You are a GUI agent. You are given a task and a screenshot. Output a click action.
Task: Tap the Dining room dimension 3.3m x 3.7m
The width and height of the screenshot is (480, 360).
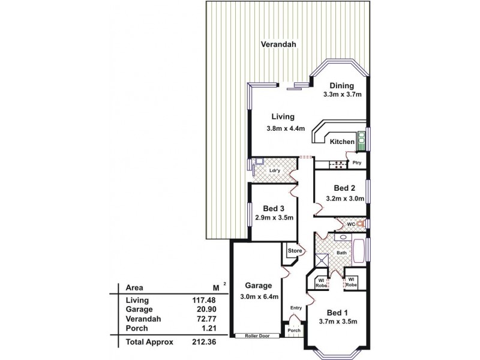coord(342,95)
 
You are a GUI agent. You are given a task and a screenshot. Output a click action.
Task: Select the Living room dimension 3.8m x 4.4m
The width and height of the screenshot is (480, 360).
coord(286,128)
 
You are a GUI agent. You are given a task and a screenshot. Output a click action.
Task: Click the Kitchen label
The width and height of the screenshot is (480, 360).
coord(342,142)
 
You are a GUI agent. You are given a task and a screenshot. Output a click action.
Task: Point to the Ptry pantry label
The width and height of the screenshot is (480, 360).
coord(356,163)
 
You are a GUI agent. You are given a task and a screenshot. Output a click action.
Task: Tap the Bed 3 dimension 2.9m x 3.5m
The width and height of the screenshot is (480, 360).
coord(274,218)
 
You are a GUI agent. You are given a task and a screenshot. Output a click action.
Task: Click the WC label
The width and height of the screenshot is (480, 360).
coord(352,224)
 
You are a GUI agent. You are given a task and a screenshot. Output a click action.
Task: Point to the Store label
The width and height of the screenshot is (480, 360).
coord(294,250)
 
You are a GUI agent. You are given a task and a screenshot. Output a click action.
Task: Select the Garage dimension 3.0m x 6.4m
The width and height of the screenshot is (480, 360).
coord(259,296)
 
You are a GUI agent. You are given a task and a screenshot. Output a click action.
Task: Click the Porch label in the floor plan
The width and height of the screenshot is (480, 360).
coord(293,331)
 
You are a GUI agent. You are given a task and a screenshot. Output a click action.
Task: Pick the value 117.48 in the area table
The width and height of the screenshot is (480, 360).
coord(203,301)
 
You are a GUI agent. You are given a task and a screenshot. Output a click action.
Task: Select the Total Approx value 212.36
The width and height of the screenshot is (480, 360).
coord(203,341)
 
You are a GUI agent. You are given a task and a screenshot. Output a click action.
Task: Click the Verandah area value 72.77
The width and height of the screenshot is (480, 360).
coord(205,319)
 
